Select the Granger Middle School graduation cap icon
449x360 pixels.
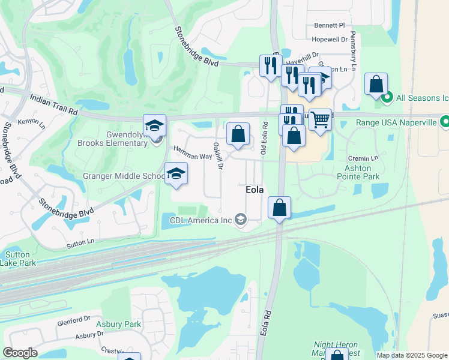coord(176,173)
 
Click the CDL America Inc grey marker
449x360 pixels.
coord(241,220)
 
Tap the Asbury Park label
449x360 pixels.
coord(120,325)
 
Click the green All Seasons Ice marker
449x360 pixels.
coord(388,96)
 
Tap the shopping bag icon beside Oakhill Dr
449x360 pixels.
coord(238,134)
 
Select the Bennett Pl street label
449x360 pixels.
coord(330,26)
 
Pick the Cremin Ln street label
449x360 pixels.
coord(363,158)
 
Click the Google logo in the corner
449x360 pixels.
coord(20,352)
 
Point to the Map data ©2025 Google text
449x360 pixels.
coord(411,355)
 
